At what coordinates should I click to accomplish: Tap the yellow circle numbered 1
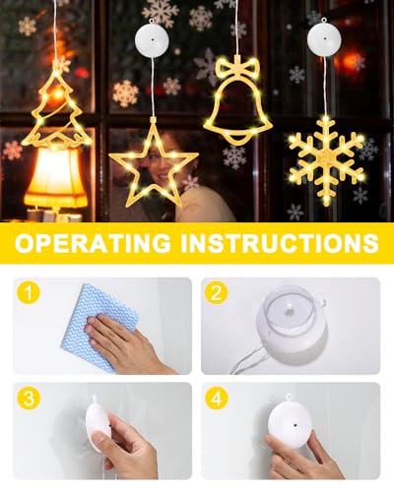(30, 292)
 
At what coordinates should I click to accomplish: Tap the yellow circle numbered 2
(217, 292)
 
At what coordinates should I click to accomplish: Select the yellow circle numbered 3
(30, 397)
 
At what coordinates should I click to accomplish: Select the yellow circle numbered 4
(217, 397)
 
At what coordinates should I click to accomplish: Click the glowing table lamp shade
(54, 177)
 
